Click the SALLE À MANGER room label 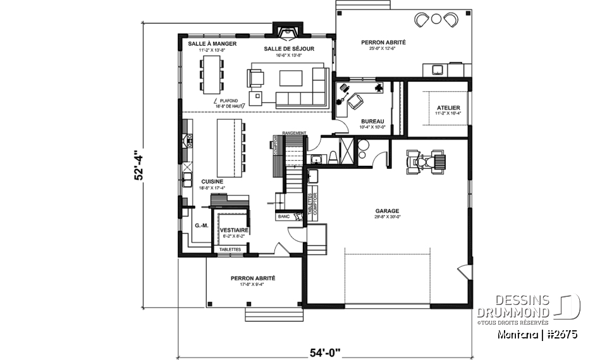pos(212,43)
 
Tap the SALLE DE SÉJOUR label pos(290,49)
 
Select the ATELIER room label pos(448,108)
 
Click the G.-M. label pos(202,225)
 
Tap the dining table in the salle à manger pos(211,71)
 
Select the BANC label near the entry pos(283,217)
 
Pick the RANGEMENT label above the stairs pos(295,133)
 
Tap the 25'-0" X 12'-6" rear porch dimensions pos(383,49)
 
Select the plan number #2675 pos(560,333)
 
